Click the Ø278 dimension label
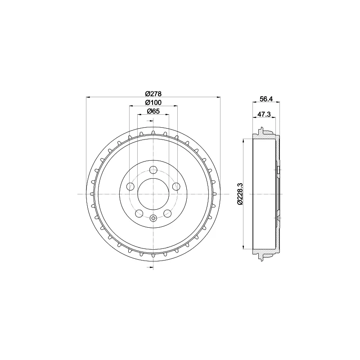click(x=153, y=94)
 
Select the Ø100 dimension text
click(x=153, y=103)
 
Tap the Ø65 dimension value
click(x=153, y=111)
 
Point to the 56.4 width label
click(x=266, y=99)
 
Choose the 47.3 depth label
click(x=264, y=114)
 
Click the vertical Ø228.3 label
click(x=240, y=194)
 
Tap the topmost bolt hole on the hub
click(x=153, y=170)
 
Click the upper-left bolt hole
click(x=130, y=186)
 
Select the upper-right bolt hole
click(x=176, y=186)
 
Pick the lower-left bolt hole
click(x=139, y=213)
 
